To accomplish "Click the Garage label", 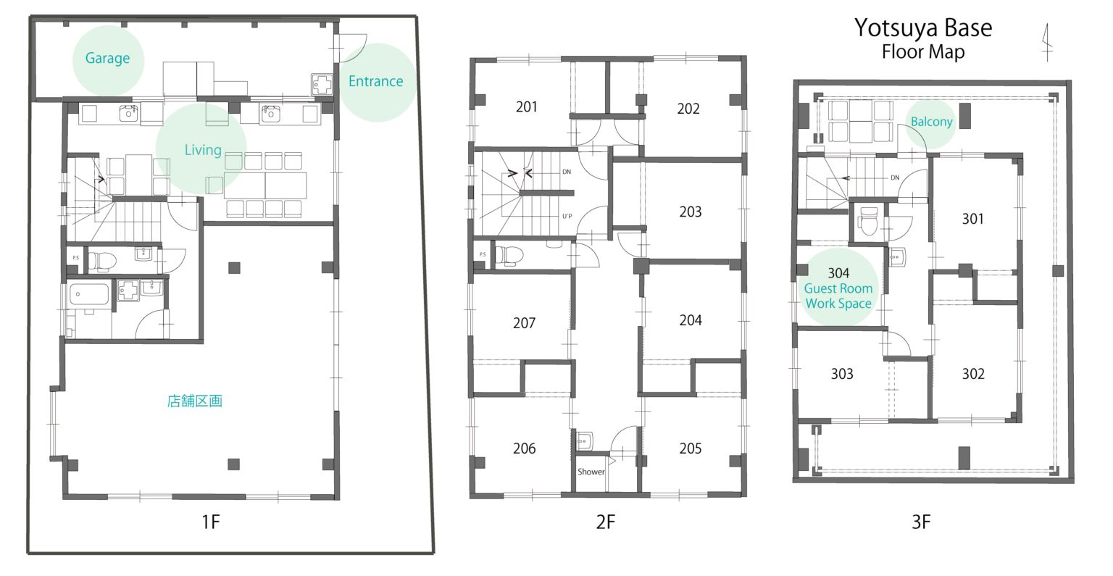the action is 107,58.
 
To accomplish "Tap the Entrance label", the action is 375,81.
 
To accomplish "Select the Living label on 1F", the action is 203,150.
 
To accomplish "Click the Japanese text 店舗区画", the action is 194,401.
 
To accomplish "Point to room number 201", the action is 526,107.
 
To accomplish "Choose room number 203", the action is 690,212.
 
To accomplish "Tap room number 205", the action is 690,448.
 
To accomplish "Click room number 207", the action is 524,324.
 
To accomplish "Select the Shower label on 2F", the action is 591,472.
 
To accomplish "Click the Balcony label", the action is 931,122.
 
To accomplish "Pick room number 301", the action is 972,219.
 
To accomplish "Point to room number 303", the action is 842,374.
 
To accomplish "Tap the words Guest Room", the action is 838,288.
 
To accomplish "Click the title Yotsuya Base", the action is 923,28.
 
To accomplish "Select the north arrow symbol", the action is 1047,43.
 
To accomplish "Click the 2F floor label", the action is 606,522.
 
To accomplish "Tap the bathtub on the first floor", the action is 89,294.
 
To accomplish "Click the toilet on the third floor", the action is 868,221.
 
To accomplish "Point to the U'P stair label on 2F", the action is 567,216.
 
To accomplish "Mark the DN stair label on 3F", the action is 895,178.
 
